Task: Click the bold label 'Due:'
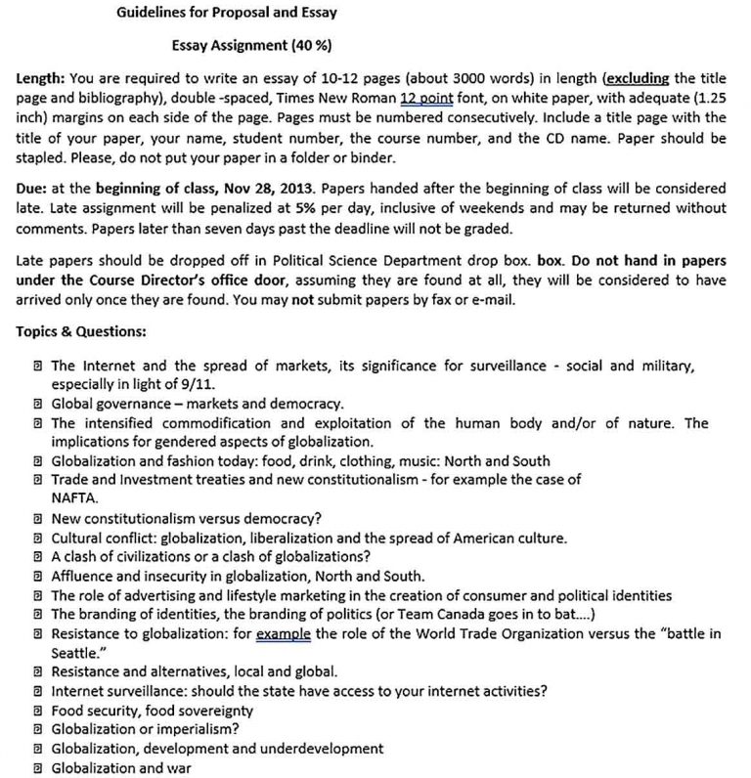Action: [x=32, y=189]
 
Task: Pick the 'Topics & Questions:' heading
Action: [x=80, y=331]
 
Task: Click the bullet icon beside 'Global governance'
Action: [x=36, y=403]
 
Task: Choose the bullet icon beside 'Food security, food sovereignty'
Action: [x=36, y=710]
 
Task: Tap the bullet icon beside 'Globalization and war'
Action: [x=36, y=767]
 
